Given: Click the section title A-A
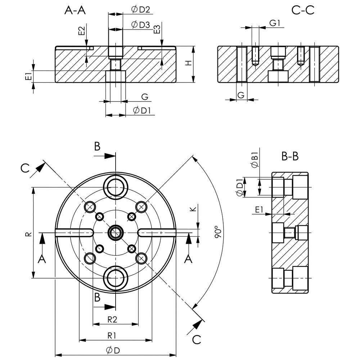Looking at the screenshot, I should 75,10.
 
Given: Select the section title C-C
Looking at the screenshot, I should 303,10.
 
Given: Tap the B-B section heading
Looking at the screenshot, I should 290,157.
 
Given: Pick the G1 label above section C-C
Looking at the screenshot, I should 275,23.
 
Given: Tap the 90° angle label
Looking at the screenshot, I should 217,233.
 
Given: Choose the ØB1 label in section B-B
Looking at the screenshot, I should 255,160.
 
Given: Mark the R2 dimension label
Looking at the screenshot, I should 113,319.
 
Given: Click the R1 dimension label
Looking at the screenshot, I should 112,335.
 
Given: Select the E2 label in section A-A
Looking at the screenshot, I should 81,31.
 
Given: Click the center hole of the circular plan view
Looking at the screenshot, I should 116,233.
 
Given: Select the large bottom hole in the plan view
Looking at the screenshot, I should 116,278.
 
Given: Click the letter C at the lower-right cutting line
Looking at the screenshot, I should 197,339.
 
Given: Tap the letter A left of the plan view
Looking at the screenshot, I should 42,259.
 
